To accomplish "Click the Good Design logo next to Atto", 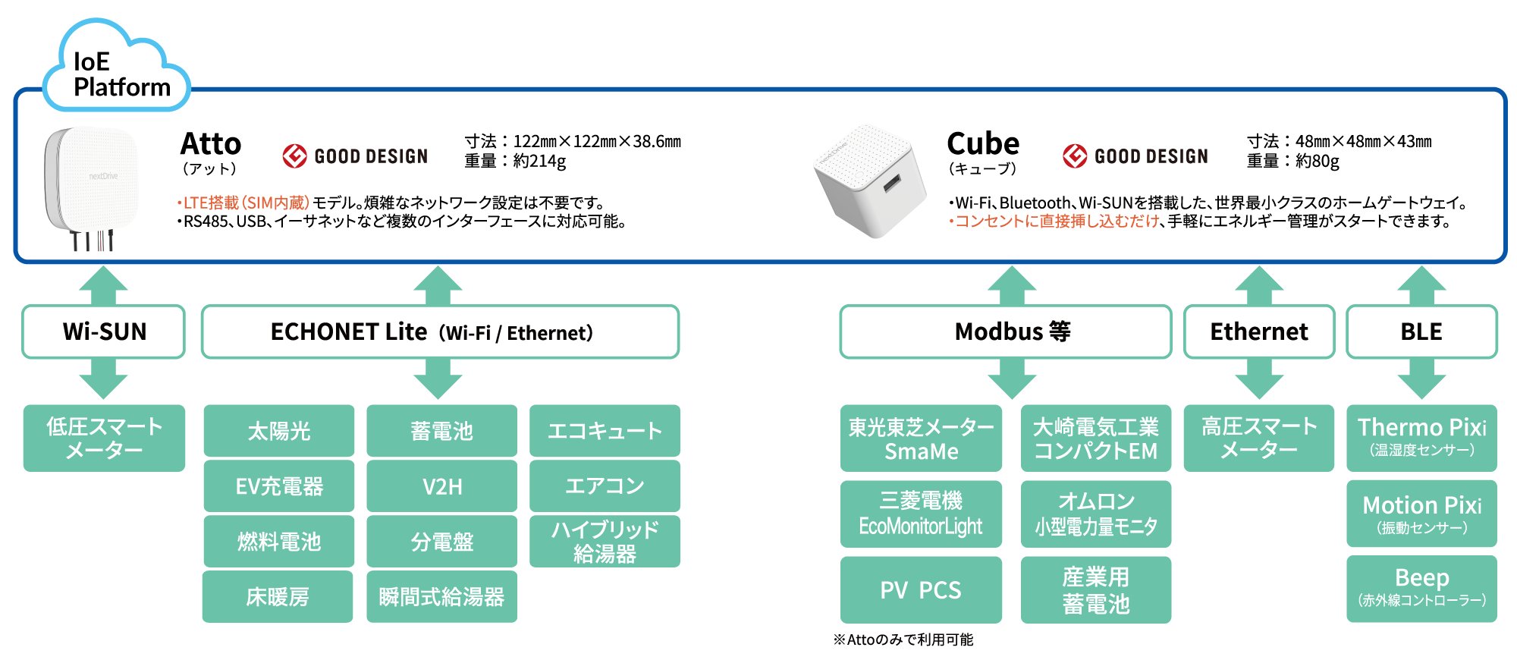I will pyautogui.click(x=355, y=156).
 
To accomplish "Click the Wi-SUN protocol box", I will pyautogui.click(x=104, y=332).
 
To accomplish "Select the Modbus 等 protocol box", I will pyautogui.click(x=1006, y=332).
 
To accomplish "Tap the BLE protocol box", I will pyautogui.click(x=1421, y=332).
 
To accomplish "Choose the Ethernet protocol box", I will pyautogui.click(x=1259, y=332).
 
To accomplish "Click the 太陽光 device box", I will pyautogui.click(x=279, y=431).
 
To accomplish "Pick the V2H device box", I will pyautogui.click(x=441, y=486).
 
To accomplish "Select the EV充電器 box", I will pyautogui.click(x=279, y=486).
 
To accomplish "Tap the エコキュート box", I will pyautogui.click(x=605, y=431).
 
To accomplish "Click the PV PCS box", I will pyautogui.click(x=921, y=590).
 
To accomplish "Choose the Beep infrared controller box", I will pyautogui.click(x=1421, y=589).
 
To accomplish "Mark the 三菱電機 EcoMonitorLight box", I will pyautogui.click(x=921, y=514).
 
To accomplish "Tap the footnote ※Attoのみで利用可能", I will pyautogui.click(x=903, y=640).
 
